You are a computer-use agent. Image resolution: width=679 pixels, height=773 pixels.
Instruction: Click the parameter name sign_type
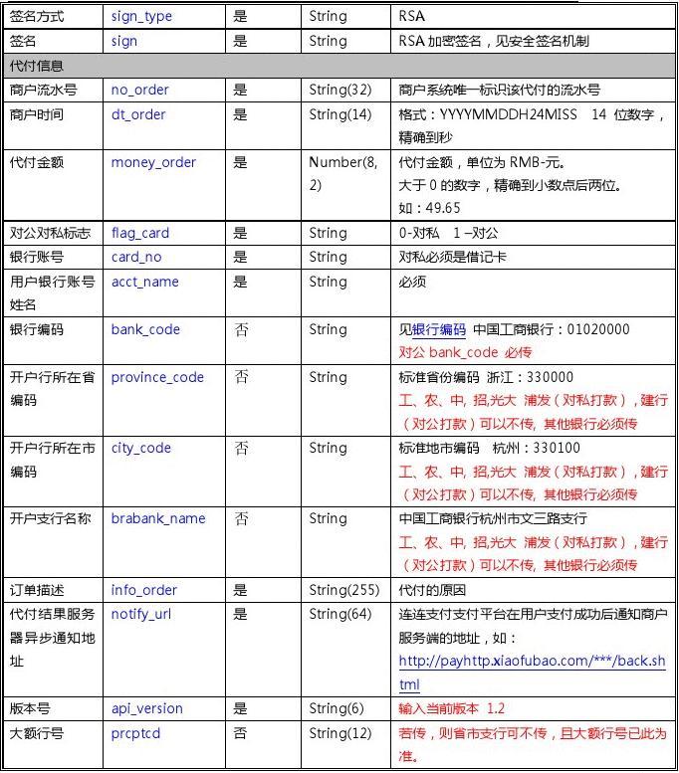(141, 17)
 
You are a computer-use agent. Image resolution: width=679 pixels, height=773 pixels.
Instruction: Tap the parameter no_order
(139, 90)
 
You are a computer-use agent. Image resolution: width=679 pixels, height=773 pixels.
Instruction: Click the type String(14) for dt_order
(339, 114)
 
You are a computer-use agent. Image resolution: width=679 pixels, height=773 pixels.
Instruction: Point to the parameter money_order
(153, 162)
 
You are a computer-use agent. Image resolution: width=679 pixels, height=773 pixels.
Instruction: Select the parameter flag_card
(140, 233)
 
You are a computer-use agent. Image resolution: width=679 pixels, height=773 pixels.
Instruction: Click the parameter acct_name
(144, 282)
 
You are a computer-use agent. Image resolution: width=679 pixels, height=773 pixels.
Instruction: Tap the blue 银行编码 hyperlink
(439, 329)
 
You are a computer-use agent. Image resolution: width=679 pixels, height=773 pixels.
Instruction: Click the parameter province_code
(157, 377)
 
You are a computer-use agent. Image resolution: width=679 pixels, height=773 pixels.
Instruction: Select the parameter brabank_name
(158, 518)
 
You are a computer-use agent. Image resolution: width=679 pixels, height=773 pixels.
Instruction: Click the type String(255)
(343, 590)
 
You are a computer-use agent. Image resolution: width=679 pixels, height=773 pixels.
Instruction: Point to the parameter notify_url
(141, 614)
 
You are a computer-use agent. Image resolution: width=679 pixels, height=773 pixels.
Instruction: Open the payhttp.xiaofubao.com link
(532, 662)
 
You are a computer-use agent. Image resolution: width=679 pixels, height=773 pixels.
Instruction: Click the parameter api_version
(146, 708)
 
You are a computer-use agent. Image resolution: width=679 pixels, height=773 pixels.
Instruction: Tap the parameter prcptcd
(135, 733)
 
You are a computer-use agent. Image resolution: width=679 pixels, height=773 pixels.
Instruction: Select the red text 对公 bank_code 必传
(465, 352)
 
